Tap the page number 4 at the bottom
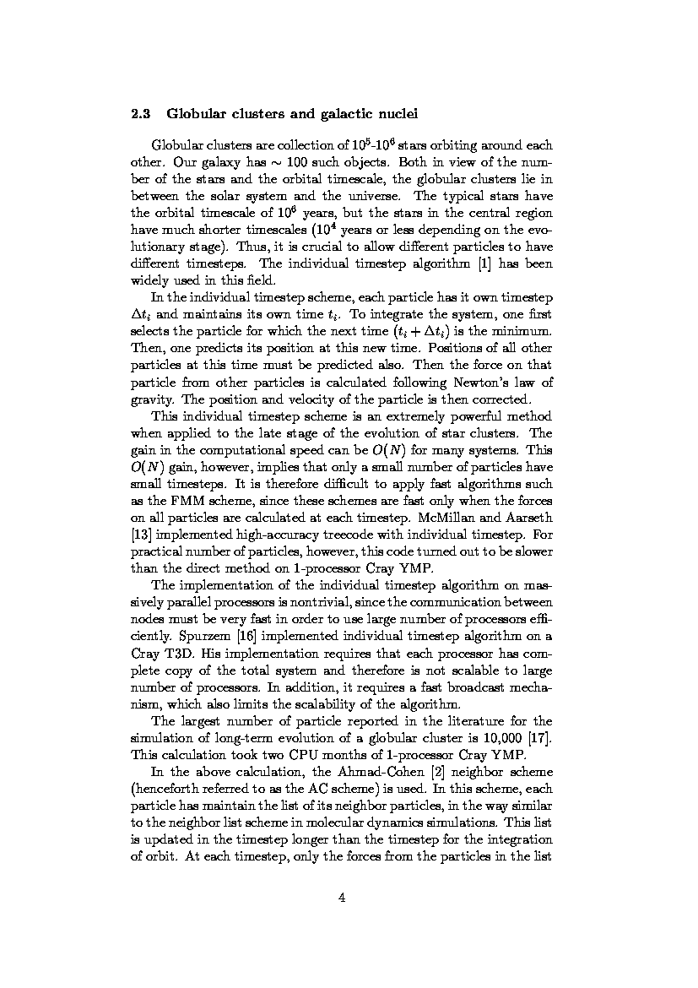coord(342,898)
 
